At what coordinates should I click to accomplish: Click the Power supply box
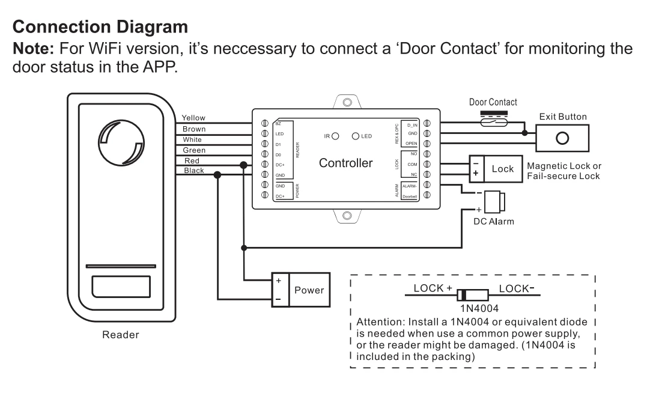point(309,290)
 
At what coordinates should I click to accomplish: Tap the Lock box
point(502,168)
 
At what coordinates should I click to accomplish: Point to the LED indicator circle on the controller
point(356,136)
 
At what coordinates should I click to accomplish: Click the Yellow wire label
point(194,118)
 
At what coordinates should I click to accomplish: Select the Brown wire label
point(194,129)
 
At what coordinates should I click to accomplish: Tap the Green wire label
point(193,150)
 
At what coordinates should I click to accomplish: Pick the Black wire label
point(193,171)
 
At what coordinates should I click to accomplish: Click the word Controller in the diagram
point(345,162)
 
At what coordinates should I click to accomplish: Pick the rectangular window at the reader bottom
point(121,287)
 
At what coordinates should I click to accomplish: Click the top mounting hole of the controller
point(347,103)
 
